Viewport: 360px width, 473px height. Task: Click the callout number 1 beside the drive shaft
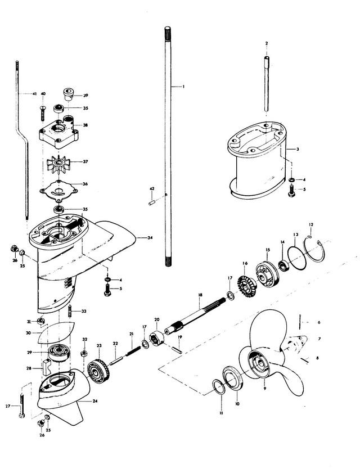tap(183, 87)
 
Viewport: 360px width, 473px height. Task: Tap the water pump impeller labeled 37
tap(58, 164)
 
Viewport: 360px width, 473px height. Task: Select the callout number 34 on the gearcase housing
tap(150, 238)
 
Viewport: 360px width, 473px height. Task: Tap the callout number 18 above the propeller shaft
tap(200, 295)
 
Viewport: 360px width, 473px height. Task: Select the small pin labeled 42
tap(152, 202)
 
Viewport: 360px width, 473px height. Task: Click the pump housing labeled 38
tap(59, 132)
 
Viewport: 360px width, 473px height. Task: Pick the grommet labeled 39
tap(69, 93)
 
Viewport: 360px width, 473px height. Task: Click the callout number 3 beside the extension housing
tap(298, 149)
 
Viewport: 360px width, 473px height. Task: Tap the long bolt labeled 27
tap(22, 406)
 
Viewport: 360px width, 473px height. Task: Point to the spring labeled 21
tap(133, 351)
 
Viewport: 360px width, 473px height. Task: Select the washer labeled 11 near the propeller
tap(219, 388)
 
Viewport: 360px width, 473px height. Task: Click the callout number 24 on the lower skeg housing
tap(96, 401)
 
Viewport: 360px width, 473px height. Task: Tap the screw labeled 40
tap(43, 113)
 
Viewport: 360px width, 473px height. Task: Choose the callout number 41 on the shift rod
tap(35, 94)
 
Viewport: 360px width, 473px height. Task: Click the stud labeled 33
tap(70, 310)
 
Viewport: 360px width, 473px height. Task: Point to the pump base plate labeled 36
tap(58, 192)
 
